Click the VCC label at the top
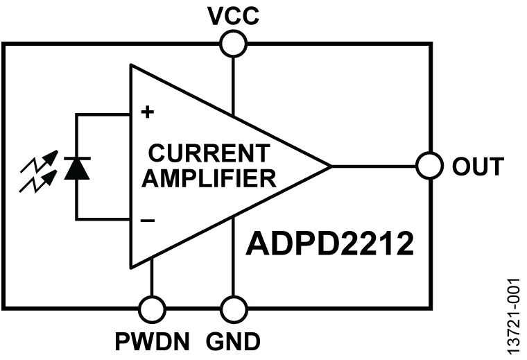pos(233,15)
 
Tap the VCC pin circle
pos(233,44)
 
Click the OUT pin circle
pos(430,166)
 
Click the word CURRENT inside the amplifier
pos(208,152)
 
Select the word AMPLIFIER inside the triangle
pos(213,180)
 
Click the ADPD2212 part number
pos(329,244)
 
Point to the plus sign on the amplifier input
pos(146,111)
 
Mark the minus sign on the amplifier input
pos(146,221)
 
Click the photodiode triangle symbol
pos(76,168)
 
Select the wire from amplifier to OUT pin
pos(374,166)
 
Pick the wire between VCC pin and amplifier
pos(233,83)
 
